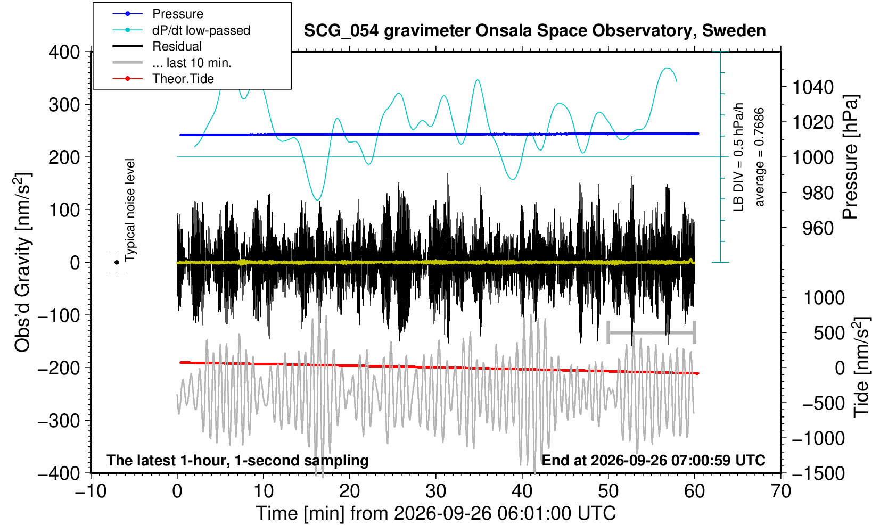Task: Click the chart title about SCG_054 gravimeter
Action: (x=534, y=31)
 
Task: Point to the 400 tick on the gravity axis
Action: (x=64, y=52)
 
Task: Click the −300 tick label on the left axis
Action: (x=59, y=421)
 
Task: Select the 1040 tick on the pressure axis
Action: (x=812, y=87)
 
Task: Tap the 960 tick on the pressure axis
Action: (x=818, y=228)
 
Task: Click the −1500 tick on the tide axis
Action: (x=818, y=473)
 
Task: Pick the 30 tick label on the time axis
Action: (x=435, y=491)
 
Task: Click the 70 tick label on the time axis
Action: (x=780, y=491)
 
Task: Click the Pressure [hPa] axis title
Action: (x=851, y=157)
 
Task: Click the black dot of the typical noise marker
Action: (x=117, y=262)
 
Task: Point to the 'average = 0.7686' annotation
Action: (x=760, y=157)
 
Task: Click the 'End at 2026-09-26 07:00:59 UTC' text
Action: (x=653, y=460)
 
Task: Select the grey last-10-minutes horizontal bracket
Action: (x=652, y=332)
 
